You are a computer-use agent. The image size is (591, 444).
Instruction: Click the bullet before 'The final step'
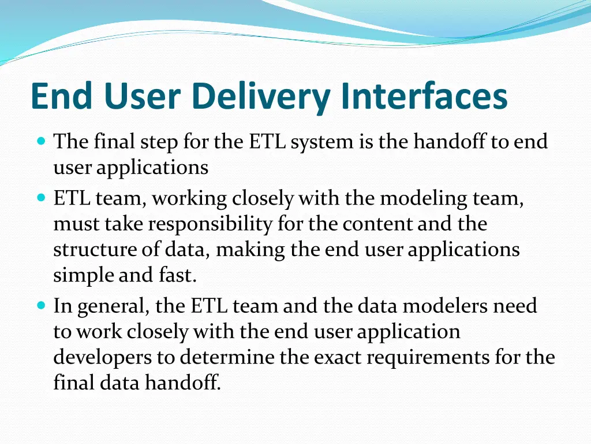tap(40, 140)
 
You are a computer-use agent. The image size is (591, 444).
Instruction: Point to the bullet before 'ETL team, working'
tap(40, 198)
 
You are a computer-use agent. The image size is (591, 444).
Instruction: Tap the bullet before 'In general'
tap(40, 305)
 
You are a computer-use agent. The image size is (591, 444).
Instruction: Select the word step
tap(159, 142)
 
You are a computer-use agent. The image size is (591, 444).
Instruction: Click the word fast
tap(177, 276)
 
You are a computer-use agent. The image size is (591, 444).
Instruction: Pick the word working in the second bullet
tap(190, 199)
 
